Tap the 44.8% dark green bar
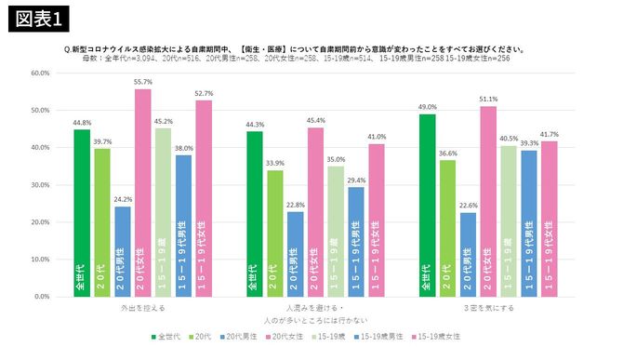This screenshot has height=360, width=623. (x=82, y=213)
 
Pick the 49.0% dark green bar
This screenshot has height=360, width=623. (x=427, y=205)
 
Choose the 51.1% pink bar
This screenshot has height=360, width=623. (x=487, y=201)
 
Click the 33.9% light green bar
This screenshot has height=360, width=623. (x=274, y=233)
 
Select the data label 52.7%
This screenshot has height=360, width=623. (x=203, y=93)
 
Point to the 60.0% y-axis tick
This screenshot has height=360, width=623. (x=39, y=73)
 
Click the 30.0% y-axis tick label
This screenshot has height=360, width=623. (x=39, y=185)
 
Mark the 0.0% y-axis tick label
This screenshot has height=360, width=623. (x=41, y=297)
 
